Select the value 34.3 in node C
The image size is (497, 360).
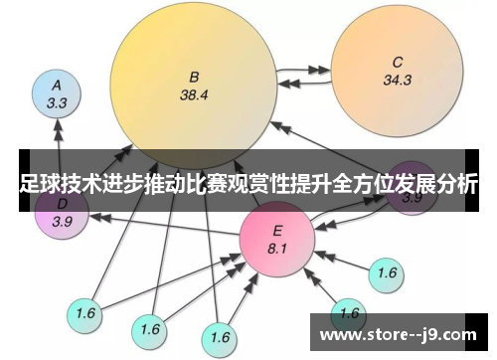tap(398, 80)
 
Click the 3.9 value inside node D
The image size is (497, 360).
tap(62, 223)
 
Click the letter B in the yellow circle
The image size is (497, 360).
tap(195, 76)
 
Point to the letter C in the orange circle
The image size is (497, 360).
tap(398, 60)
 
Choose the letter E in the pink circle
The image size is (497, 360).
tap(277, 231)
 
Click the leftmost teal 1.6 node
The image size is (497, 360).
tap(84, 313)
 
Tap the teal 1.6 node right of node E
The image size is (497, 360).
tap(388, 271)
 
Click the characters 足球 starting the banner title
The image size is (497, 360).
tap(38, 183)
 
